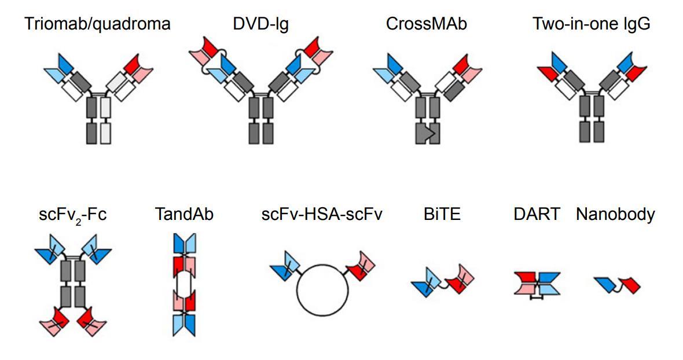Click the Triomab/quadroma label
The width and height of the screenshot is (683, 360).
[98, 24]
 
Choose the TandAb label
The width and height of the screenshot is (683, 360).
[183, 215]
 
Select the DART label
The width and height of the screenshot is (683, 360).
[536, 215]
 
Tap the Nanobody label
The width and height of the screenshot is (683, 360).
[615, 215]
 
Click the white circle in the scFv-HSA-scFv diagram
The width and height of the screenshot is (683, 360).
[322, 289]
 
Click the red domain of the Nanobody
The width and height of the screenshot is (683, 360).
[630, 285]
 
